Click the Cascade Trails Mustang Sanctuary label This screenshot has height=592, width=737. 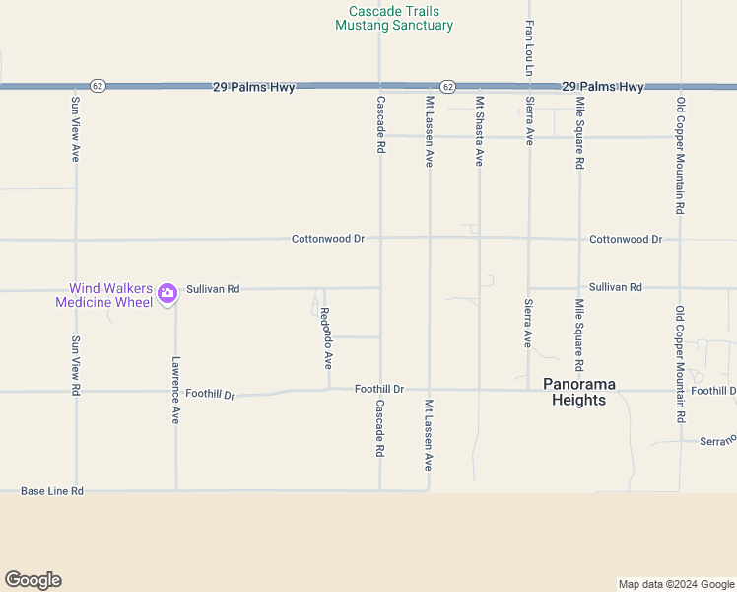394,18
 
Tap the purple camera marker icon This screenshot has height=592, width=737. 167,291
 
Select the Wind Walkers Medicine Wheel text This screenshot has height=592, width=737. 103,295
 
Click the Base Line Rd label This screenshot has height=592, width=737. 52,490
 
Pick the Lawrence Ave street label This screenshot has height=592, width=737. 175,390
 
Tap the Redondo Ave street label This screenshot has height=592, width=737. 326,338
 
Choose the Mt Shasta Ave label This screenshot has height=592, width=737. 480,130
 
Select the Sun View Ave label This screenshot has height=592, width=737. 75,129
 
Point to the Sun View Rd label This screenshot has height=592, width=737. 75,366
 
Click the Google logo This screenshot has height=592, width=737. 33,580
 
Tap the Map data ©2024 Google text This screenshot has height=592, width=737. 675,584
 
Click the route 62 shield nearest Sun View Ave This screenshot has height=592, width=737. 97,87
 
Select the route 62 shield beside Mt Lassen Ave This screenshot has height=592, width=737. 447,87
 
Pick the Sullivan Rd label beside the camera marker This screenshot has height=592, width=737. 213,289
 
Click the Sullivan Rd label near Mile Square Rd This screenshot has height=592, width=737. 616,287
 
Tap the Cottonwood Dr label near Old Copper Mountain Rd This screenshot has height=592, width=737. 626,239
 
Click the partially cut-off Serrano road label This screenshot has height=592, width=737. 717,440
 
